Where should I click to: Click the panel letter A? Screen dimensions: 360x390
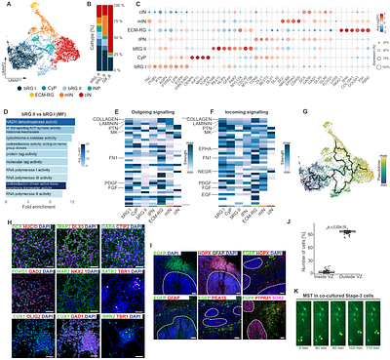click(5, 5)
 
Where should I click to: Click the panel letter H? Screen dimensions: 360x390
click(5, 222)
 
